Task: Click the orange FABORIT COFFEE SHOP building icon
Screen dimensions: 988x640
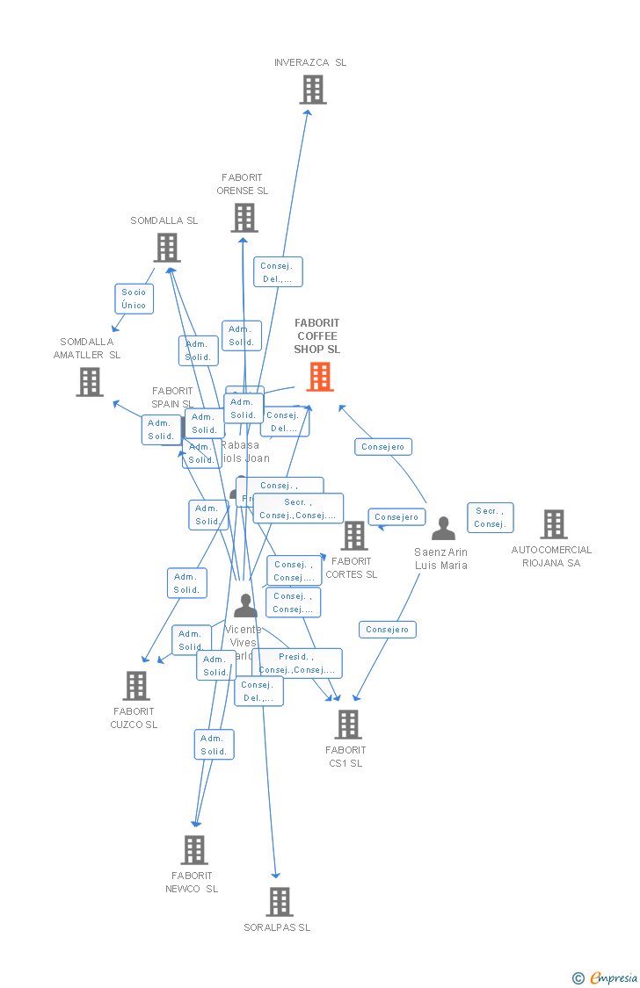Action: coord(320,377)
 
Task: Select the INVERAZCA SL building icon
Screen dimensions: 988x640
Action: coord(312,90)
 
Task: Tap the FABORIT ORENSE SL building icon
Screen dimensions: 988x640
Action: coord(244,218)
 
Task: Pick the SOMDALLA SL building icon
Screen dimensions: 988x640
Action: coord(167,248)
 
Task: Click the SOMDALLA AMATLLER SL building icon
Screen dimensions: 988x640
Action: coord(89,382)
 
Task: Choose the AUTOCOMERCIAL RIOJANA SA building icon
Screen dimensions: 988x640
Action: coord(553,524)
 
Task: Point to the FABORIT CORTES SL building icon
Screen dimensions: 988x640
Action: coord(354,536)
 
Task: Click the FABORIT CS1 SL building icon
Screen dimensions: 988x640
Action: coord(348,725)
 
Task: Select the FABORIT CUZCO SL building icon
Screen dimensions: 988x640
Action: coord(136,686)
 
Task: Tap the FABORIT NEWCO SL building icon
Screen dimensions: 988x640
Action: coord(194,850)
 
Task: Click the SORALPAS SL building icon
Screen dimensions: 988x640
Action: coord(279,902)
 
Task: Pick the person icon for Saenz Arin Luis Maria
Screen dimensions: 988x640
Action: coord(443,529)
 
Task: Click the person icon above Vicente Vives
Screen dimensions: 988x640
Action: coord(245,605)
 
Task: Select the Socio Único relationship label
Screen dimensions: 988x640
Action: coord(134,299)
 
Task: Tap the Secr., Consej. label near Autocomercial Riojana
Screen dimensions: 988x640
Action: coord(490,517)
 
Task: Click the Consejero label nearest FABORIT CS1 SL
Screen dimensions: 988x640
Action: coord(387,630)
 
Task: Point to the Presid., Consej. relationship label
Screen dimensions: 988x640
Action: coord(296,663)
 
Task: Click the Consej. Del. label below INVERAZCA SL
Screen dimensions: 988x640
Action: coord(278,272)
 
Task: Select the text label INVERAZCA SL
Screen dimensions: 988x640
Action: coord(310,62)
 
